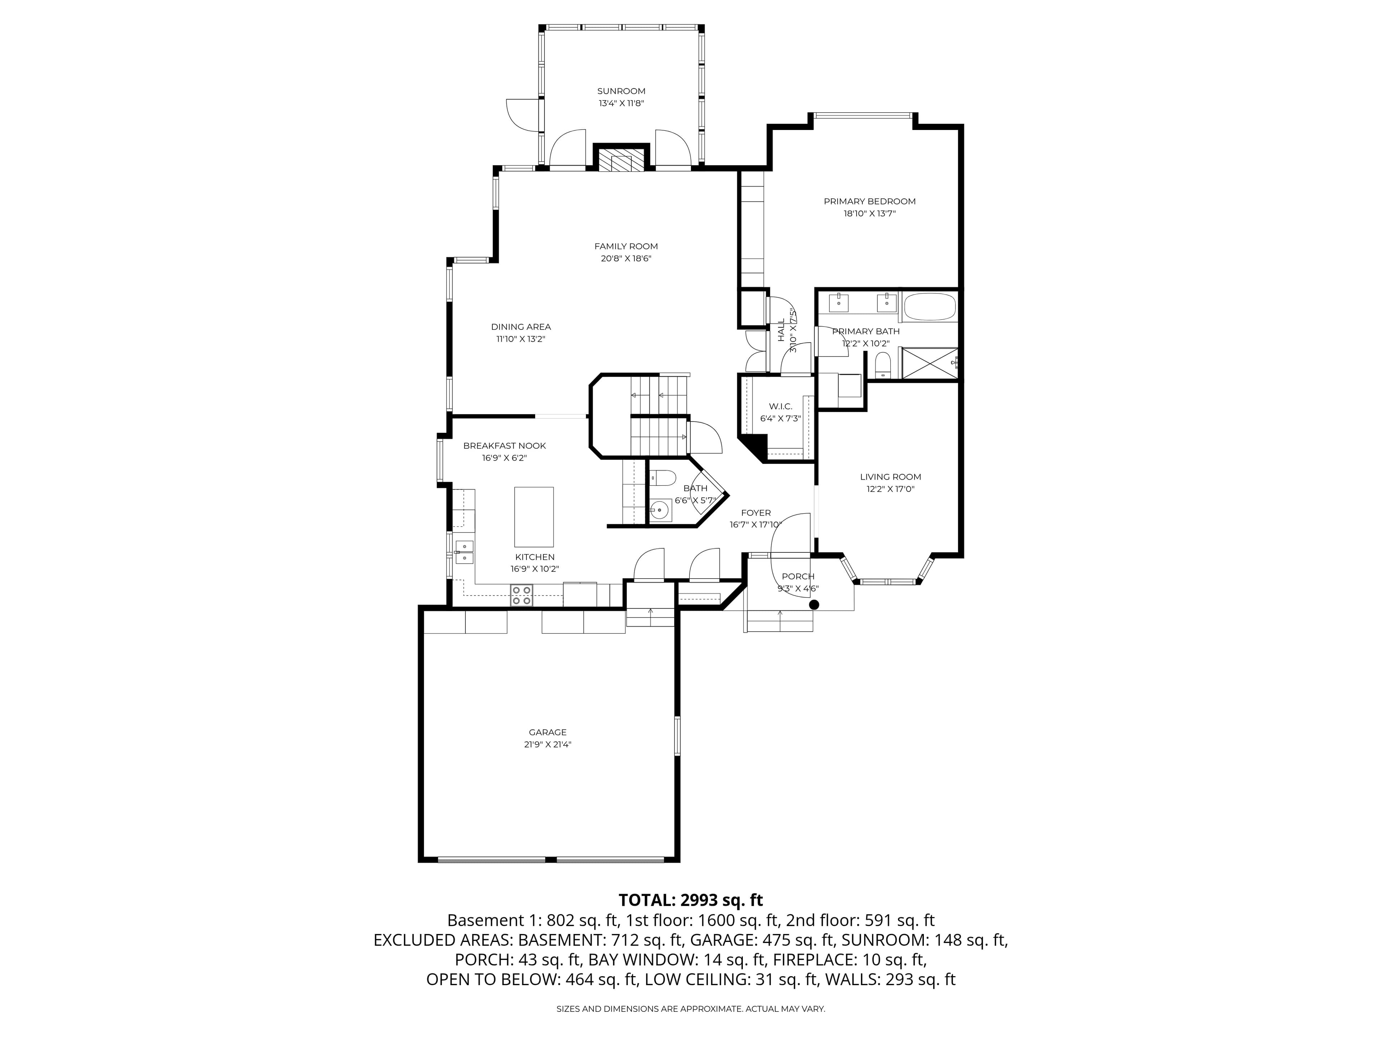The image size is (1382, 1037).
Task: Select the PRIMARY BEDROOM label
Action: coord(869,201)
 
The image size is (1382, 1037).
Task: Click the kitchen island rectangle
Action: coord(534,516)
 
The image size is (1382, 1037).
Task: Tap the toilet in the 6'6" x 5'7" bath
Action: coord(664,478)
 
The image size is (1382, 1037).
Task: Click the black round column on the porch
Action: coord(813,605)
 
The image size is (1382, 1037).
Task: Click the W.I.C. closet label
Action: coord(780,406)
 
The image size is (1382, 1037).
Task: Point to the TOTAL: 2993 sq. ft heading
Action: coord(690,900)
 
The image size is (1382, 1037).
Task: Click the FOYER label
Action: coord(755,513)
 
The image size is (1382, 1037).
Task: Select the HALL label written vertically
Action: coord(781,330)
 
